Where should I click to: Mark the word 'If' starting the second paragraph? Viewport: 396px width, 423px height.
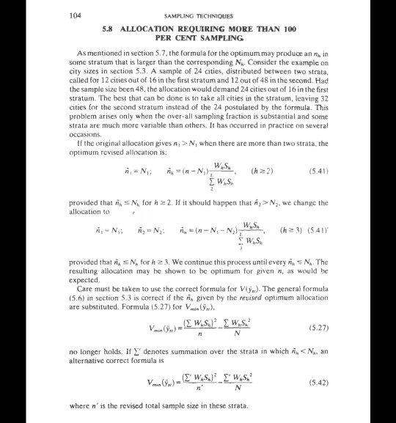pyautogui.click(x=79, y=144)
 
